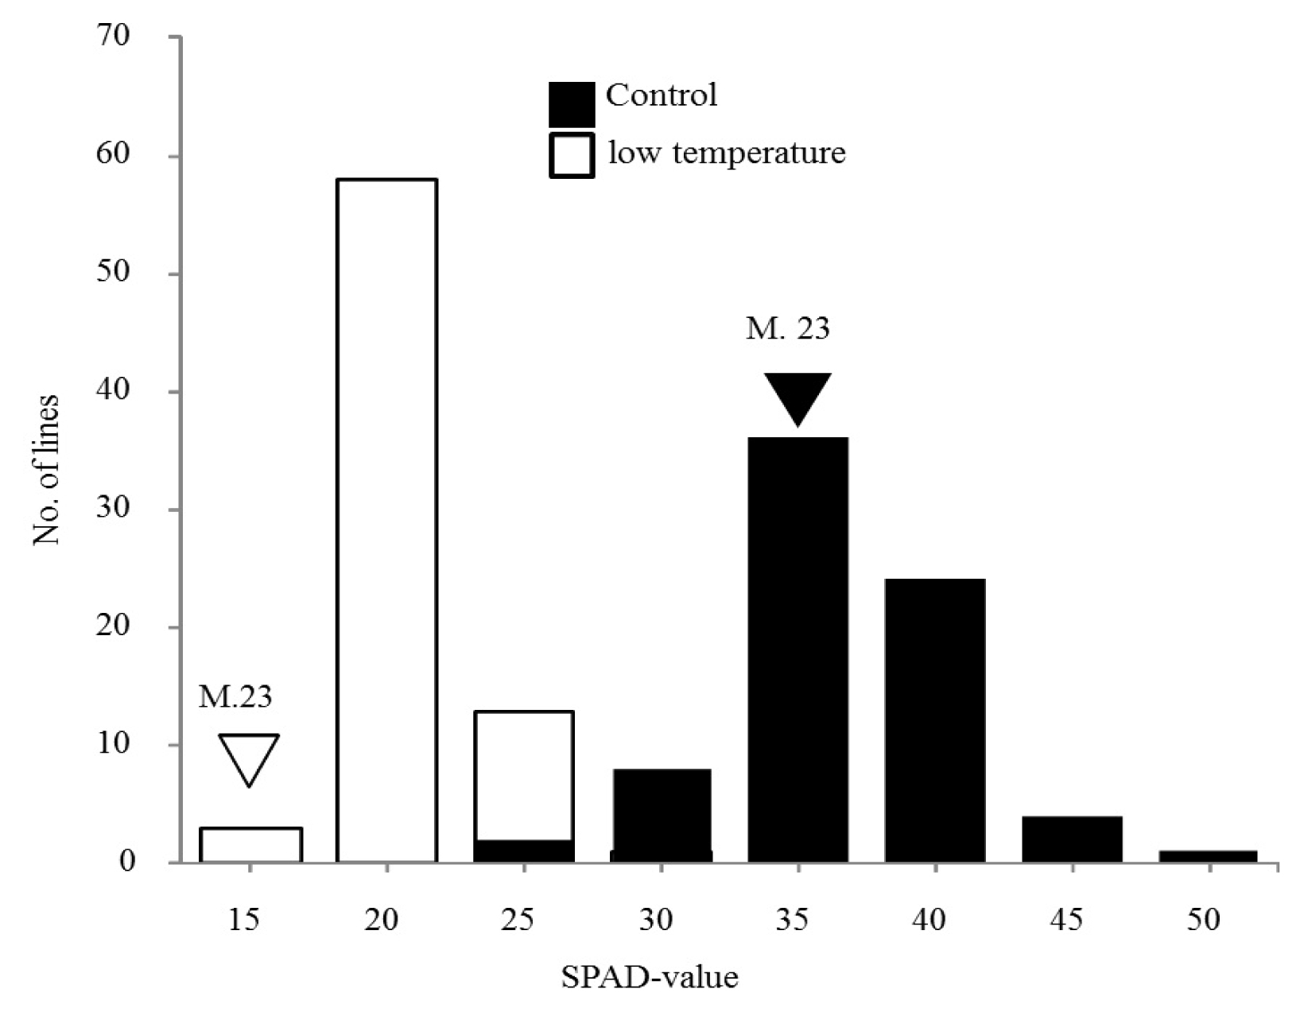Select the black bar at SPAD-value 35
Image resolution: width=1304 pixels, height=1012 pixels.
(798, 650)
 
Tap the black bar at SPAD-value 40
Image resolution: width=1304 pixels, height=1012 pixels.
(935, 721)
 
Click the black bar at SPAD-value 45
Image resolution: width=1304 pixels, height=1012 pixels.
(1072, 839)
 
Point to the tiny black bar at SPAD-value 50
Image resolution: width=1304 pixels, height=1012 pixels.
(1208, 857)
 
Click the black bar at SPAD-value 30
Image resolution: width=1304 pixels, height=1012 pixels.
(662, 816)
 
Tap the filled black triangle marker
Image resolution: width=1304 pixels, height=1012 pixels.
(798, 400)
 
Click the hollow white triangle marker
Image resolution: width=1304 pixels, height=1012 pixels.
(249, 760)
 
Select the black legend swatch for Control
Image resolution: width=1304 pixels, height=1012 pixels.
(572, 104)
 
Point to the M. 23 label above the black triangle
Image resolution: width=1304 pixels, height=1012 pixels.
(788, 328)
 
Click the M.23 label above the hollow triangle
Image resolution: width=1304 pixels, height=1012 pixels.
(235, 696)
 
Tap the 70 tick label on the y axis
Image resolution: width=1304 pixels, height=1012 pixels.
(113, 36)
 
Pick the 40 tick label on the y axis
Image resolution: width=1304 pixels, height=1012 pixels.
(113, 390)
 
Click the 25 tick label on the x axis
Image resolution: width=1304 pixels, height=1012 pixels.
(518, 920)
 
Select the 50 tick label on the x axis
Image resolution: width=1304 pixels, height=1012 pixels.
(1203, 920)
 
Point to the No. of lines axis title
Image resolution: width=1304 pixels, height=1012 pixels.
(46, 470)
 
